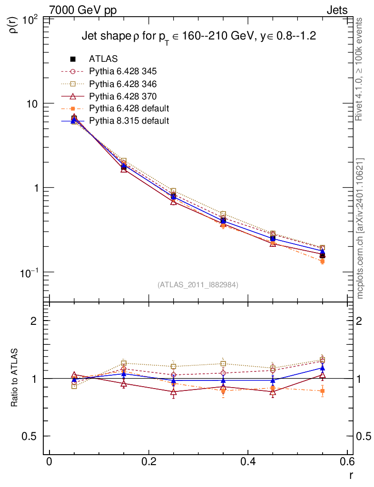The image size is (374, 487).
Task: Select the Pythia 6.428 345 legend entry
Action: point(122,71)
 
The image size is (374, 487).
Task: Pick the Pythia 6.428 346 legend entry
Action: point(122,84)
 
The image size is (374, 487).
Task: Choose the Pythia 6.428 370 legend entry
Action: point(122,96)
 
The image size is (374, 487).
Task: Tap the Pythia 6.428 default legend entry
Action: point(128,108)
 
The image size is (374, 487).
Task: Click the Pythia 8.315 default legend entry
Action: point(128,121)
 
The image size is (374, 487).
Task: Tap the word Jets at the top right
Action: point(336,10)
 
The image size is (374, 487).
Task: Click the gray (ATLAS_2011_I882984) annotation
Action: point(198,284)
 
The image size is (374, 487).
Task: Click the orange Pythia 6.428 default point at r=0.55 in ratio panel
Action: point(322,391)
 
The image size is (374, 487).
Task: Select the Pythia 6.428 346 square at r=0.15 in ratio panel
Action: point(124,363)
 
